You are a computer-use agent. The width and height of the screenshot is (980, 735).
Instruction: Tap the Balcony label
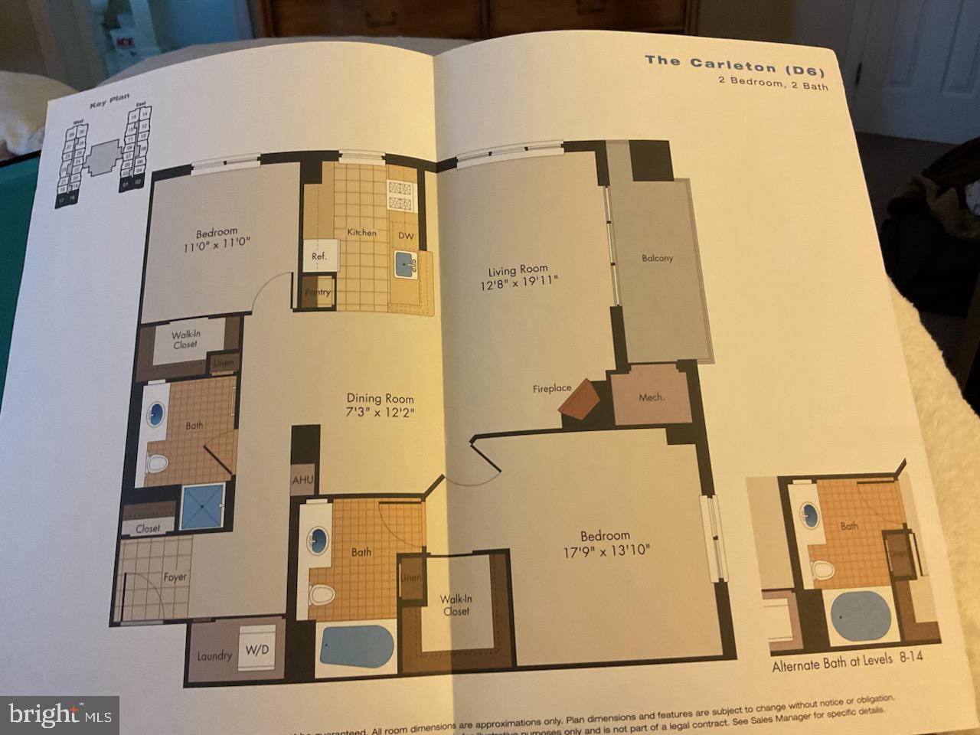(x=657, y=258)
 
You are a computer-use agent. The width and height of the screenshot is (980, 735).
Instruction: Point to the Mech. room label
(x=652, y=397)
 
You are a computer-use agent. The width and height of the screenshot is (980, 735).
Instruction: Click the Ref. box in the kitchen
(x=318, y=256)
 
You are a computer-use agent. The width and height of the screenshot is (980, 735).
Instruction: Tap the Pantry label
(x=318, y=292)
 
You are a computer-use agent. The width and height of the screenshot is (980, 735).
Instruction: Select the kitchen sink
(x=405, y=265)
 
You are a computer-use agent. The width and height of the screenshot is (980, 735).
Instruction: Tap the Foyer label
(x=175, y=577)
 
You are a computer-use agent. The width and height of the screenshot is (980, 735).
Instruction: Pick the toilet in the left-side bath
(x=157, y=463)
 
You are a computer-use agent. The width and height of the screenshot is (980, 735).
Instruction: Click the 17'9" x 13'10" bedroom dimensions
(x=605, y=550)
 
